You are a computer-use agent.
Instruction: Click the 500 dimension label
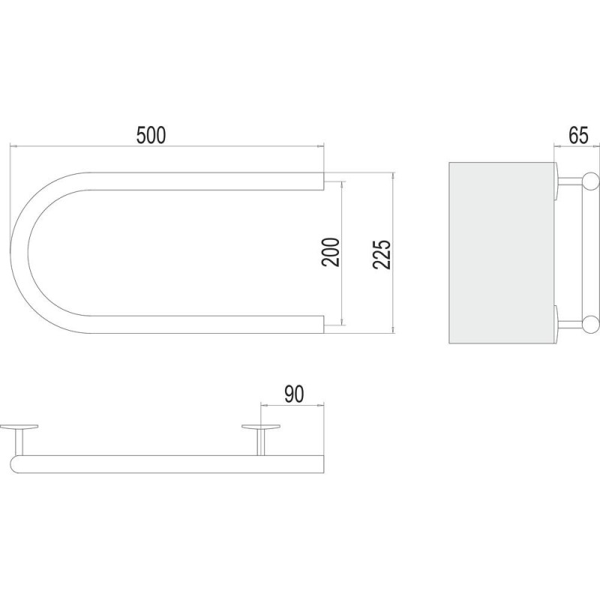coord(151,135)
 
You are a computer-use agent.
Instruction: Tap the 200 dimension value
coord(331,252)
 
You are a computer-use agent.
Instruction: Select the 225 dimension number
coord(382,255)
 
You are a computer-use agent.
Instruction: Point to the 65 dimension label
coord(578,135)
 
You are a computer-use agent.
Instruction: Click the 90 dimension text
coord(294,394)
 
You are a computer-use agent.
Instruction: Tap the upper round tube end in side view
coord(590,181)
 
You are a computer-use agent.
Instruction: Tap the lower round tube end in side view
coord(590,324)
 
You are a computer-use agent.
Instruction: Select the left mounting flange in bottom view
coord(19,426)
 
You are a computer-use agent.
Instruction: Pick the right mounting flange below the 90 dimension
coord(261,426)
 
